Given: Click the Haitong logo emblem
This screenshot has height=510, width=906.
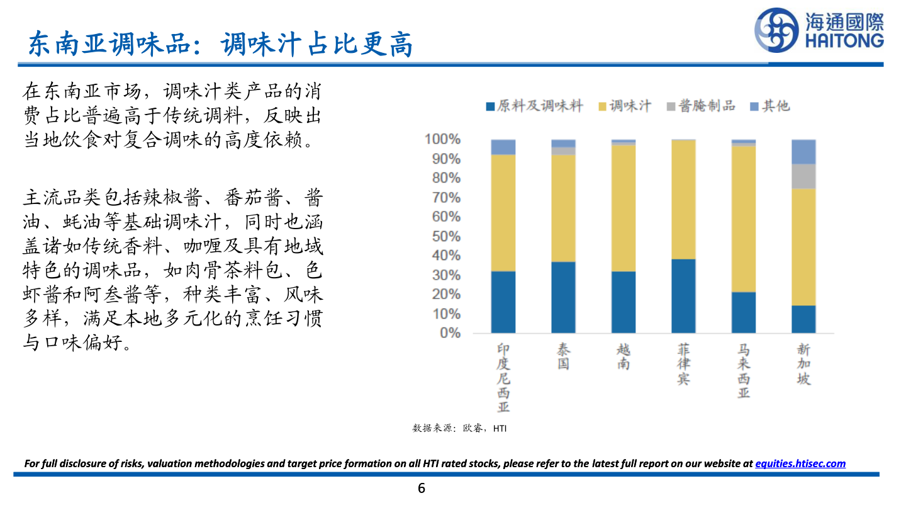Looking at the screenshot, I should coord(777,30).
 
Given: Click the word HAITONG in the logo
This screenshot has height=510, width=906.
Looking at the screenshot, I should coord(844,42).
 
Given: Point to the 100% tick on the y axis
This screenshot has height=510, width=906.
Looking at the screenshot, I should coord(443,139).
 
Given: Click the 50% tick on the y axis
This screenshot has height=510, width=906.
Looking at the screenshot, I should coord(446,236).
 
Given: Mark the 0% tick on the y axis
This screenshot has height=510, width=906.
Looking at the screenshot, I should coord(449,332).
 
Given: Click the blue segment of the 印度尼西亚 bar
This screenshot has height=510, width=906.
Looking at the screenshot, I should coord(503,302).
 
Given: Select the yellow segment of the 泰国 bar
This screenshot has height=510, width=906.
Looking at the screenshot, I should coord(563,208).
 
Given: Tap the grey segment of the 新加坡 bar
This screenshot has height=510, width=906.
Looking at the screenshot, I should coord(803,176).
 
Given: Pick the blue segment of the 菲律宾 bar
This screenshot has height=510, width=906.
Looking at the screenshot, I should coord(683,295).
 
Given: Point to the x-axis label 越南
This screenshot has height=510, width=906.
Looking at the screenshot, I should coord(623,356).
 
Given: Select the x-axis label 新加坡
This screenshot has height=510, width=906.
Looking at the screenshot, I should coord(803,364).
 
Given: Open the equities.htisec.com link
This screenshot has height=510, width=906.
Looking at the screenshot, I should coord(800,463).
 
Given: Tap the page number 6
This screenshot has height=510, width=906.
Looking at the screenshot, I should coord(422,487).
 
